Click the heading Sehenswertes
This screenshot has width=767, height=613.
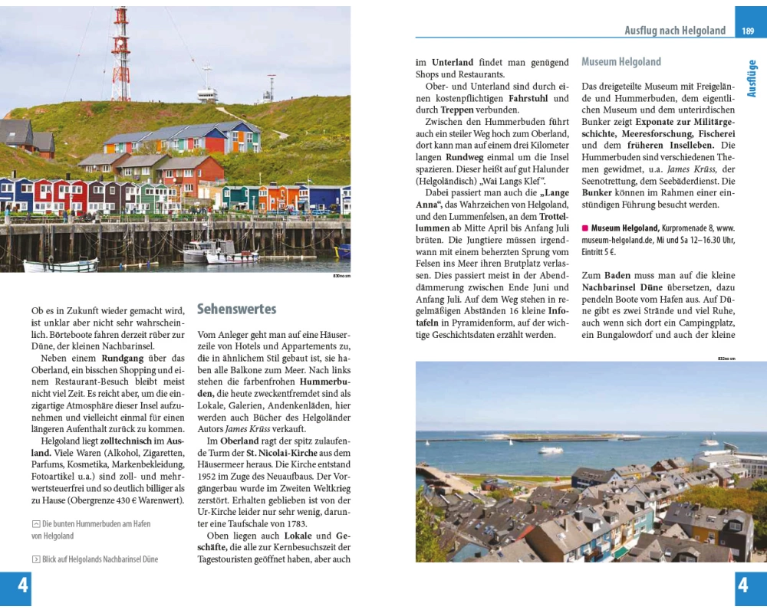click(x=236, y=310)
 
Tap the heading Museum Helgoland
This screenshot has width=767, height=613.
click(x=621, y=62)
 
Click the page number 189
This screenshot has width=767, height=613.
click(x=748, y=31)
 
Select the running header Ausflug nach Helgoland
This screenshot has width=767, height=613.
click(x=675, y=31)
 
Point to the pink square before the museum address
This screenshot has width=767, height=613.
click(x=585, y=228)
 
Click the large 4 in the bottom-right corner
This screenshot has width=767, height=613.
click(x=742, y=586)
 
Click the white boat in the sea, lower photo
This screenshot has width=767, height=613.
click(x=551, y=450)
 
